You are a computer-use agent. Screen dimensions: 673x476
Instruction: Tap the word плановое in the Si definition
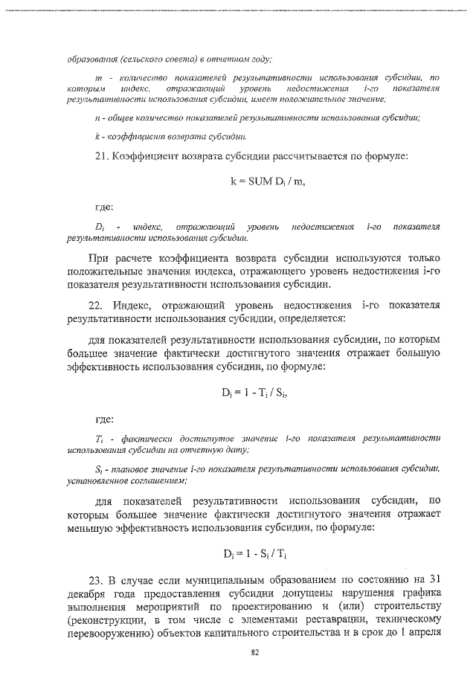coord(129,468)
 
